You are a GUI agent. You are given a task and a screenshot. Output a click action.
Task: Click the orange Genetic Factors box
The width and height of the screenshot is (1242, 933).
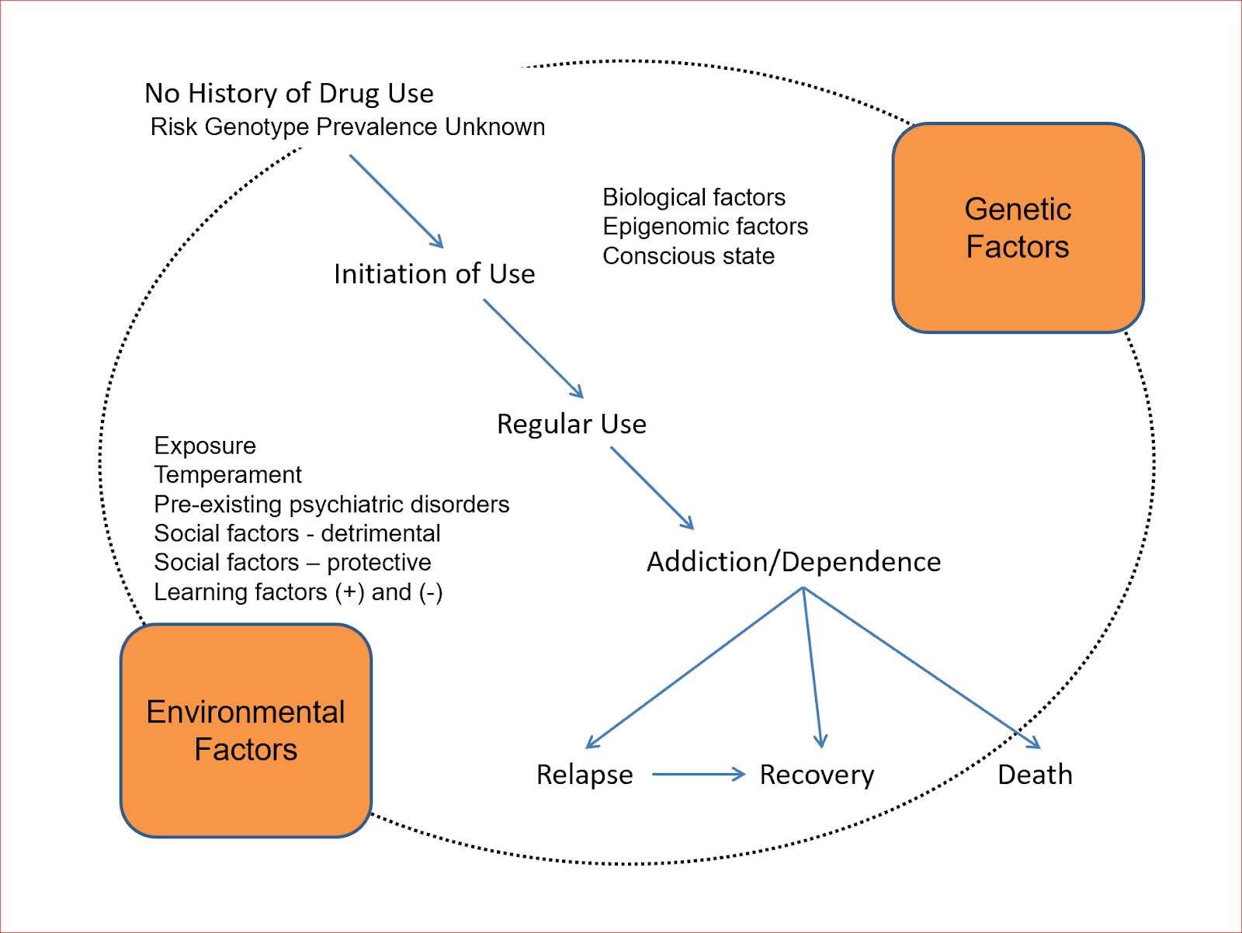coord(1018,228)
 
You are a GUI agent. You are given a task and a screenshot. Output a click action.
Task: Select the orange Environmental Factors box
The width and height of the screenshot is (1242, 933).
coord(245,730)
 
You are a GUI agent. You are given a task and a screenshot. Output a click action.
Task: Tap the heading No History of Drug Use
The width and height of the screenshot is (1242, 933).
coord(289,93)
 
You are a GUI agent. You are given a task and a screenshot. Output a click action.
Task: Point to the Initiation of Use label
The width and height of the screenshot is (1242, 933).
coord(434,274)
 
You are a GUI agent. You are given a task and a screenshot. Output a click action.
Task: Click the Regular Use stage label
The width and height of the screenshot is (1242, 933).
coord(571,424)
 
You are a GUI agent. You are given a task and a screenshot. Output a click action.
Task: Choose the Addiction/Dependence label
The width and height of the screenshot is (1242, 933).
coord(793,561)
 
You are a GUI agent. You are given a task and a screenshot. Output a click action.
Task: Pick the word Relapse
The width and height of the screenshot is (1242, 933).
coord(585,775)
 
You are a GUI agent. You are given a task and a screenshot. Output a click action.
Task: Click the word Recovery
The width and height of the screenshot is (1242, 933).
coord(817,775)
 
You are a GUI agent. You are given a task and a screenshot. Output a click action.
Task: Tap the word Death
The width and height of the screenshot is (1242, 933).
coord(1035,775)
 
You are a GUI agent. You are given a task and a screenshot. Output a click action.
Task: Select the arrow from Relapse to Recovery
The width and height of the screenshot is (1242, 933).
coord(698,774)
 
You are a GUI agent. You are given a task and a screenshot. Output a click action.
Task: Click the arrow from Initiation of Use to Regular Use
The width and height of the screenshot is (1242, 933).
coord(533,348)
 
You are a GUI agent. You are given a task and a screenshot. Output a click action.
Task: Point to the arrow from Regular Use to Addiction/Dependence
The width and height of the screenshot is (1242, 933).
coord(651,487)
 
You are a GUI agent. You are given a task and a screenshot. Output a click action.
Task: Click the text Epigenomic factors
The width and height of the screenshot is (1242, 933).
coord(705,226)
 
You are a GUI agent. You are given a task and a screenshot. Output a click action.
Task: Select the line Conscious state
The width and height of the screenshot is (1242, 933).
coord(689,255)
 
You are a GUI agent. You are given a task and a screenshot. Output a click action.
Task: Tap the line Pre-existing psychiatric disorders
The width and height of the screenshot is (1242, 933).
coord(331,504)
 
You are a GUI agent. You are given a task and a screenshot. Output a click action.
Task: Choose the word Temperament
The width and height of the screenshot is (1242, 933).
coord(227,474)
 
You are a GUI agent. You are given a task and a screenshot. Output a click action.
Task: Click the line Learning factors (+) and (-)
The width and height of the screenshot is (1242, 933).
coord(298,591)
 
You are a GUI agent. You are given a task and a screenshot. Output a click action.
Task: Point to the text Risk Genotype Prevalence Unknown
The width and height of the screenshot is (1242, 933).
coord(348,127)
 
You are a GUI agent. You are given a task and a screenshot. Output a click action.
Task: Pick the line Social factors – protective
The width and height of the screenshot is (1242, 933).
coord(292,562)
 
